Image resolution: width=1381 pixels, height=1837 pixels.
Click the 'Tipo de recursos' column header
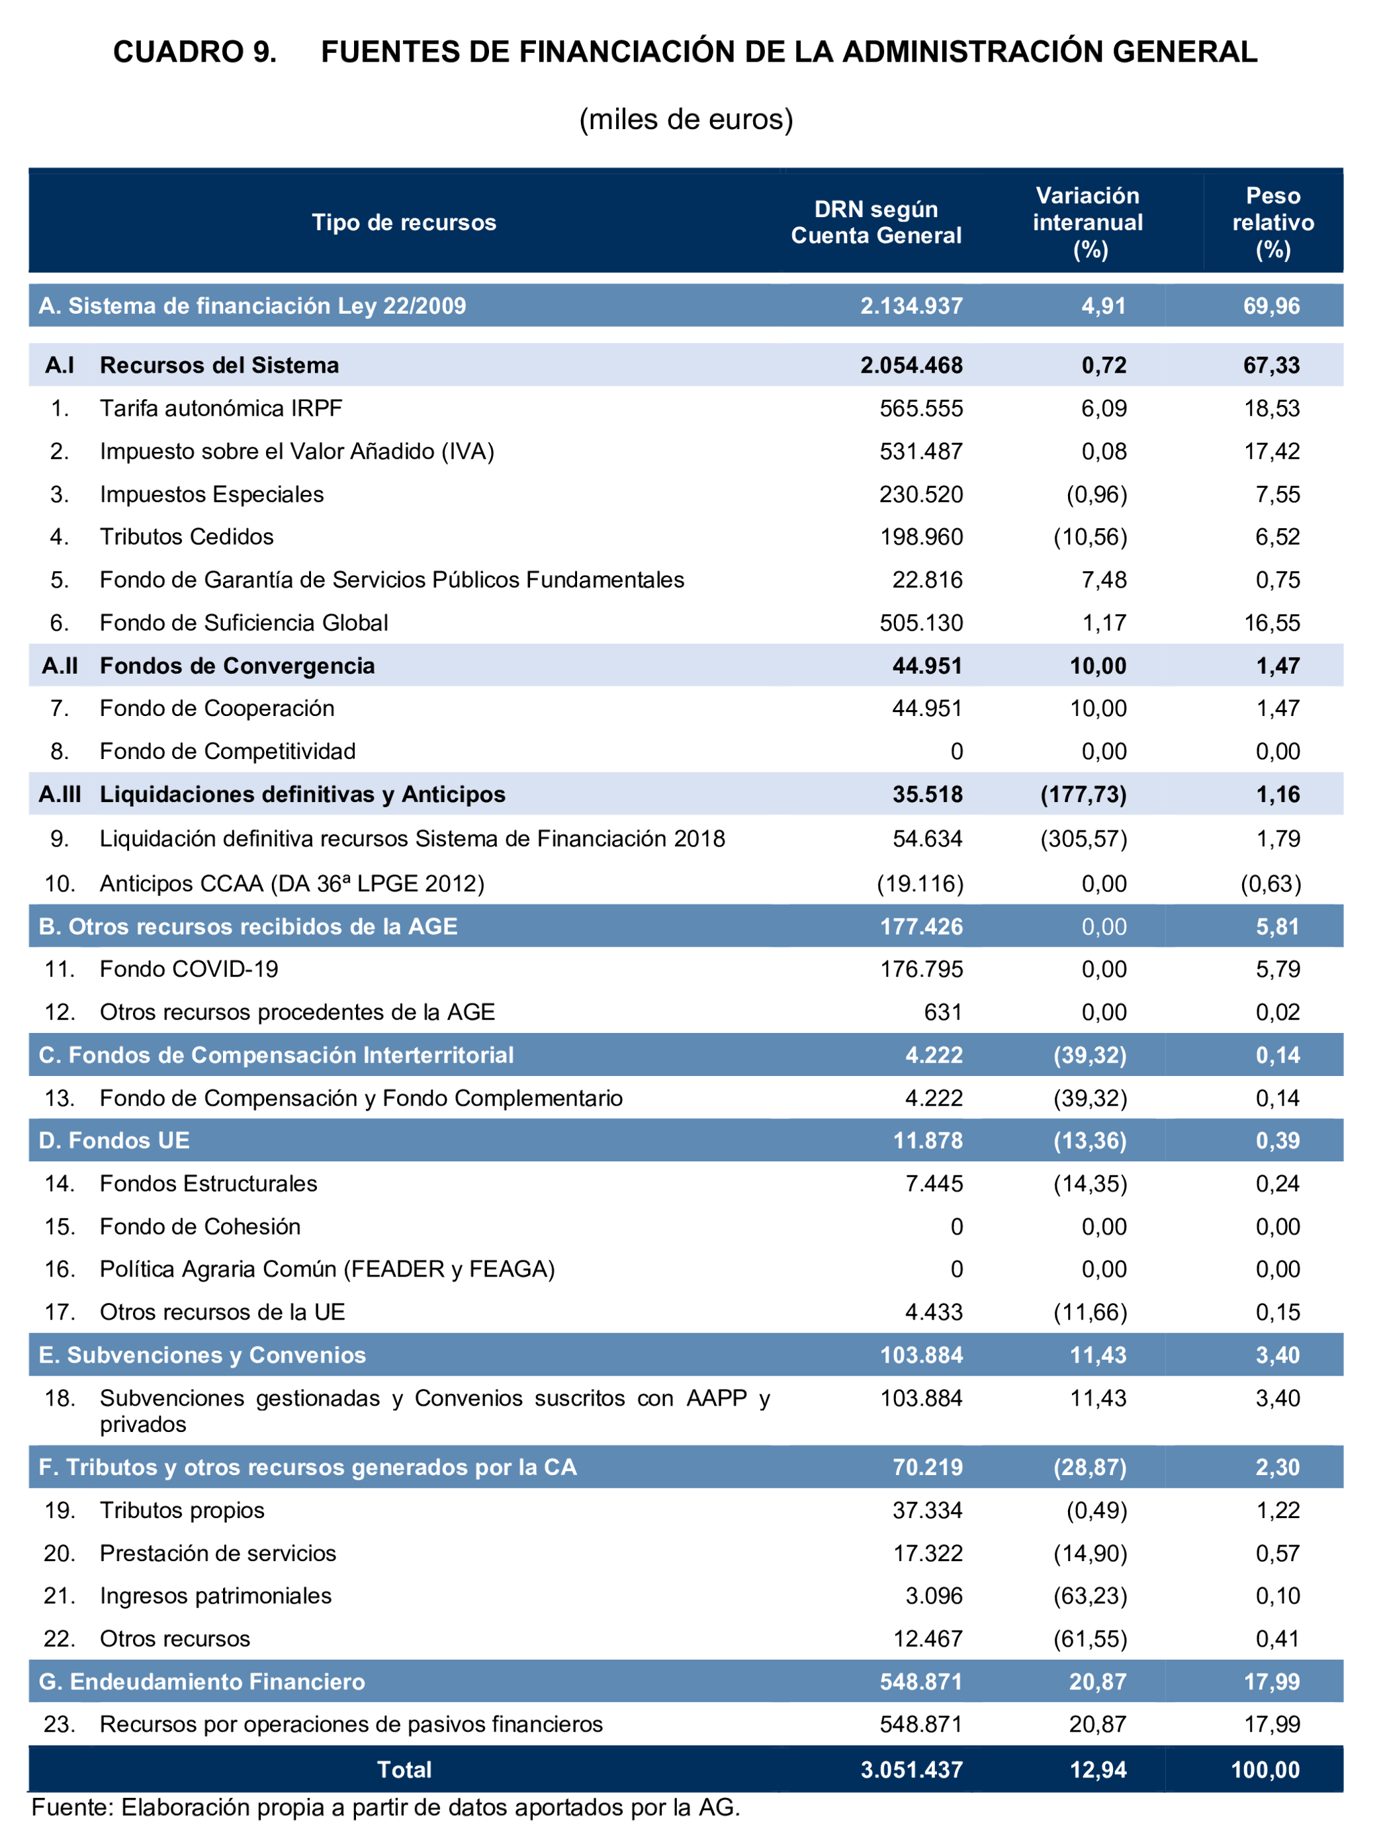click(404, 222)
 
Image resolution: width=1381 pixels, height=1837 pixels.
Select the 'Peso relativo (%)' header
click(1272, 222)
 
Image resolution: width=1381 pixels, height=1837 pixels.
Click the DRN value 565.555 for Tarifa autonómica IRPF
click(921, 408)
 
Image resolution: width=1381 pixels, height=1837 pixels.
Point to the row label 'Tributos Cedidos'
click(186, 537)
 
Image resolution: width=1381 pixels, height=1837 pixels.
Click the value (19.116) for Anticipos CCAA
click(920, 883)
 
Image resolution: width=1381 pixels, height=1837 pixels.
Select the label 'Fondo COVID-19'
click(189, 969)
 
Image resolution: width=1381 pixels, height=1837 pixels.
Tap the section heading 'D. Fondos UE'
click(114, 1140)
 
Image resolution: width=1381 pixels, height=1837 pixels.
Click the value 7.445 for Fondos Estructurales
click(934, 1183)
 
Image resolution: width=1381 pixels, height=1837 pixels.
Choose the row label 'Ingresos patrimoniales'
click(215, 1595)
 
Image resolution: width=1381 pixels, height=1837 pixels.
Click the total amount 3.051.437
click(911, 1770)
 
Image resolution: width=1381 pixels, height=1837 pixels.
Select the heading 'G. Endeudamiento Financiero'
click(202, 1681)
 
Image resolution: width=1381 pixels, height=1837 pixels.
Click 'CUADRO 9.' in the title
click(195, 52)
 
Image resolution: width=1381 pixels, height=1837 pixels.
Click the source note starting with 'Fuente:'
click(384, 1808)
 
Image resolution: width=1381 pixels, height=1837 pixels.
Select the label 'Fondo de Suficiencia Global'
click(244, 623)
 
